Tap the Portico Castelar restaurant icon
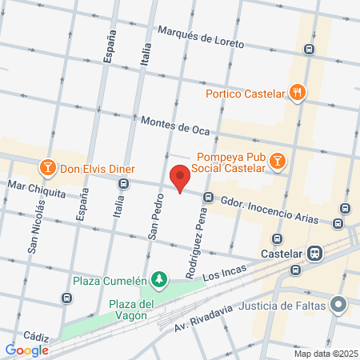(298, 92)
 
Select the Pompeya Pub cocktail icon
(277, 162)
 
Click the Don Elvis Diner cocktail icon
(47, 169)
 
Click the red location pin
(180, 178)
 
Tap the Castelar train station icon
(316, 254)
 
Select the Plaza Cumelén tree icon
(161, 278)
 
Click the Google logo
(26, 350)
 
